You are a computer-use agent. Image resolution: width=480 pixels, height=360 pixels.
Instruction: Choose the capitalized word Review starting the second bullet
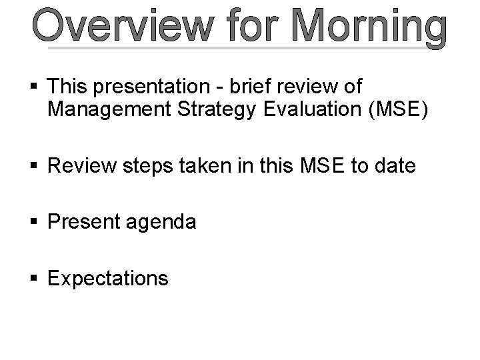point(82,165)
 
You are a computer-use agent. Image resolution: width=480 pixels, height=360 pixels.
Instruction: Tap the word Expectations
point(108,278)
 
